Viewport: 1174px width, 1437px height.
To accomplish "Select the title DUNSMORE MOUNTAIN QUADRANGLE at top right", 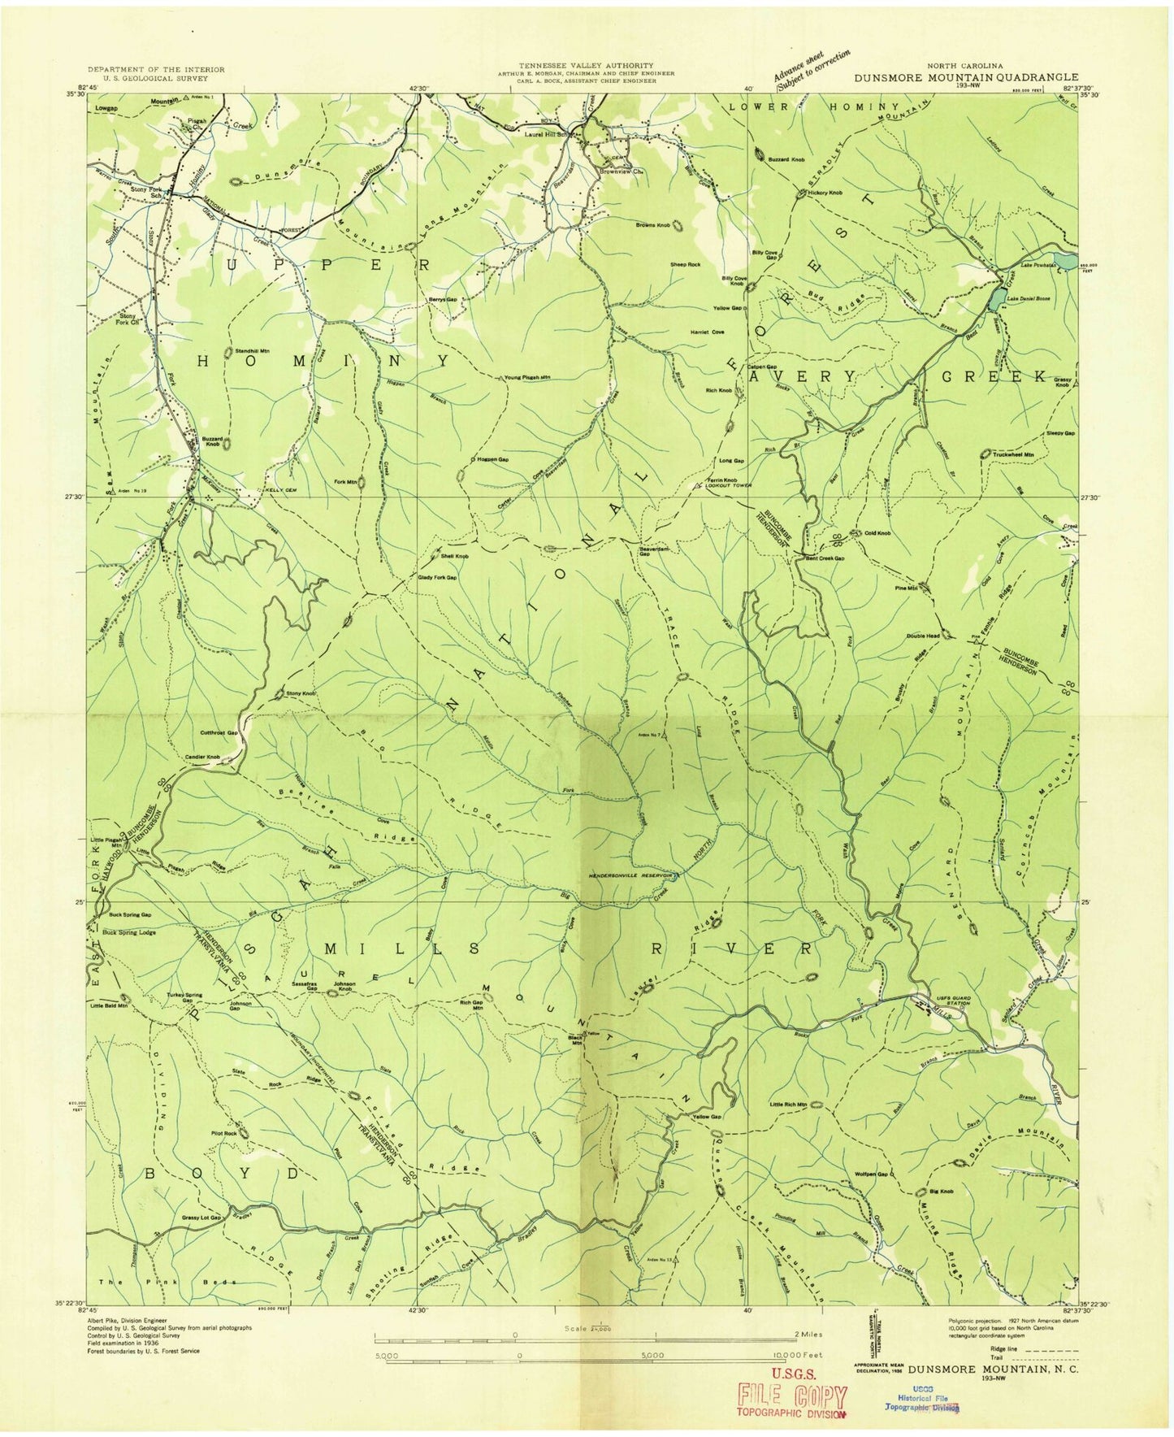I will [966, 78].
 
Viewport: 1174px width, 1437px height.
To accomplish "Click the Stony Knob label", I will [299, 693].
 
